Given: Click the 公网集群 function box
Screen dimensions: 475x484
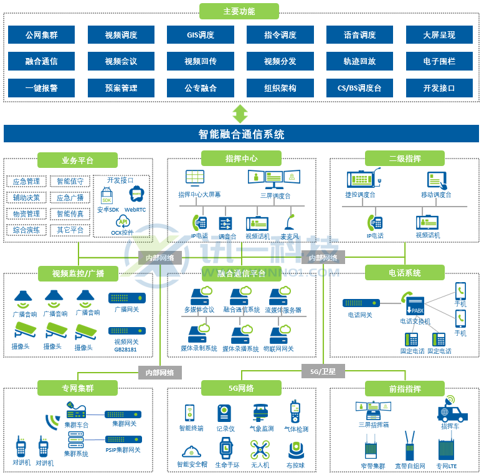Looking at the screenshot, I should tap(41, 34).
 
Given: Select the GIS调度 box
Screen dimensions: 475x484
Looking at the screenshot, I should tap(201, 34).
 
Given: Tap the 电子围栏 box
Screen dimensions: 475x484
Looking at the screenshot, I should tap(439, 61).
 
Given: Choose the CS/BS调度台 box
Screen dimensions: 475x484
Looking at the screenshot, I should tap(359, 88).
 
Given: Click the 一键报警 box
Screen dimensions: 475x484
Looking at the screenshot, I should tap(41, 88).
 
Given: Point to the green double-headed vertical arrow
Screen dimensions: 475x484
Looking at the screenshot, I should tap(240, 114).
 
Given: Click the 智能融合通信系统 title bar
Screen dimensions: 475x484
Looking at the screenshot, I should tap(241, 134).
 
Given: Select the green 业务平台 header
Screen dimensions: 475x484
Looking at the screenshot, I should tap(77, 160).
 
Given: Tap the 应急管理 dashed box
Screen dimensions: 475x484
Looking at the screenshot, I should tap(26, 182).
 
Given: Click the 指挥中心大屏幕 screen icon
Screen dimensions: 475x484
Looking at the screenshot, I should tap(195, 177).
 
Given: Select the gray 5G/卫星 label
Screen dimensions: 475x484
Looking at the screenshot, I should tap(323, 371).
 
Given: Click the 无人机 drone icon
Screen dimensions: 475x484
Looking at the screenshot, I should tap(260, 449).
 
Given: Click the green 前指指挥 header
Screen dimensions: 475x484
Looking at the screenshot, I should tap(405, 389).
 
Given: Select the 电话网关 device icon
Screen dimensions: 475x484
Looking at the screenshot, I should tap(361, 303).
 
